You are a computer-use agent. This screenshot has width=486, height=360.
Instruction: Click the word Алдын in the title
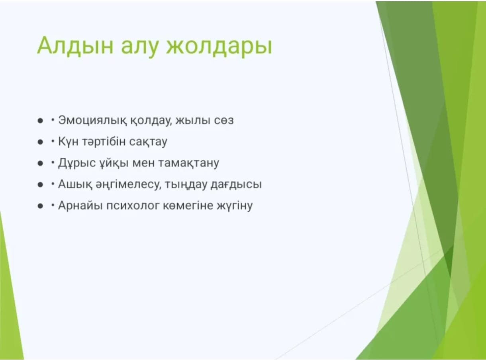tap(75, 46)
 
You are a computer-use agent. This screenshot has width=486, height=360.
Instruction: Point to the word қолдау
tap(151, 121)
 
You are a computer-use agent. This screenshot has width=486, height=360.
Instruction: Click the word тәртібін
tap(104, 141)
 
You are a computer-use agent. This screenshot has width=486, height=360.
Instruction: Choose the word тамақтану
tap(189, 163)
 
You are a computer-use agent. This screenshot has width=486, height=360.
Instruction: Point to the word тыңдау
tap(186, 185)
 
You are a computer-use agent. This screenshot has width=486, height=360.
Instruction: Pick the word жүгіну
tap(235, 206)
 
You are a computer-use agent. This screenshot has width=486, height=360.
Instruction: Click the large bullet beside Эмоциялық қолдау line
tap(40, 121)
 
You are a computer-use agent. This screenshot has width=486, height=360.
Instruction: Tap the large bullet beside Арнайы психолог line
tap(40, 206)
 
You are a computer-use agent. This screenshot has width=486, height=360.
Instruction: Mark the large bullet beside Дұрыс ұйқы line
tap(40, 163)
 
